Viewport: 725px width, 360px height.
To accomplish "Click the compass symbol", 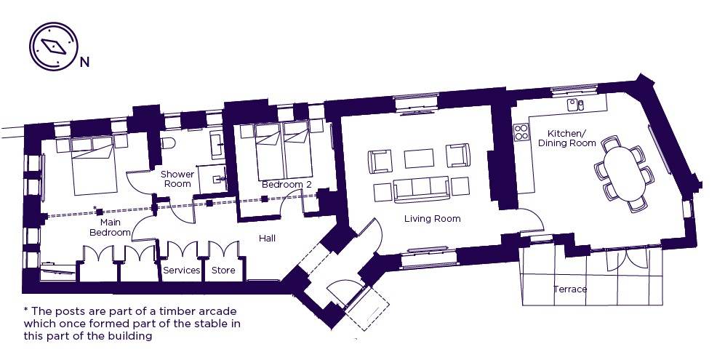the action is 54,46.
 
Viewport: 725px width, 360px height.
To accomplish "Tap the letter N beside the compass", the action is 84,63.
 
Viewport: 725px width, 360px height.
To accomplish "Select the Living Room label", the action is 433,219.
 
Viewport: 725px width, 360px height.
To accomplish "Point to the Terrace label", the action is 570,289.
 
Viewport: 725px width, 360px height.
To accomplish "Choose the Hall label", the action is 268,239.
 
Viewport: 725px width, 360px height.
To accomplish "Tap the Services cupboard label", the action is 182,271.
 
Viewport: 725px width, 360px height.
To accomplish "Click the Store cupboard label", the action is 223,271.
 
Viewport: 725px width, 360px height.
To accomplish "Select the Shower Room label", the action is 177,179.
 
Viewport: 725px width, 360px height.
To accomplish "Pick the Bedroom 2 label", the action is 287,185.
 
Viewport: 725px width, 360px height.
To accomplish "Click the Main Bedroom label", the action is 110,227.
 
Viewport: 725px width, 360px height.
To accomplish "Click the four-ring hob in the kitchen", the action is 521,132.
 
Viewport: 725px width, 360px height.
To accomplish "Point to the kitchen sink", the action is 576,105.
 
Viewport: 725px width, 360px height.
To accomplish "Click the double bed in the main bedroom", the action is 93,166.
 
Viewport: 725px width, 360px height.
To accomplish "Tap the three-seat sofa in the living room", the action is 421,189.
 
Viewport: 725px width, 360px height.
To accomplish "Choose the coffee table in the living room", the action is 419,159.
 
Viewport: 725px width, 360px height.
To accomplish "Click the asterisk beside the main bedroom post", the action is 95,208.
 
